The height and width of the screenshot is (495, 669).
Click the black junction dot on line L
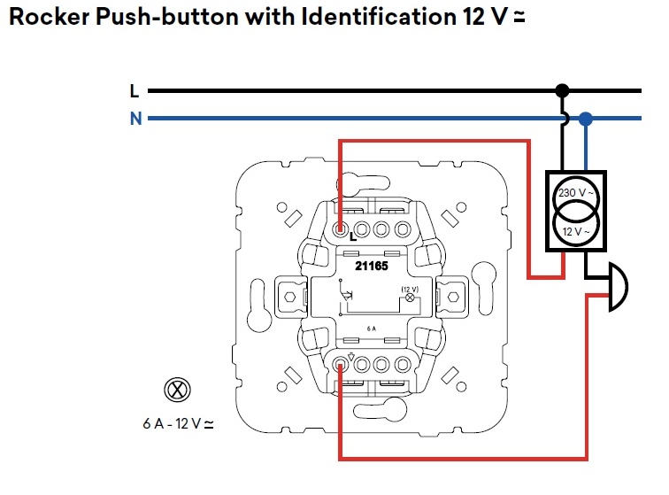tap(562, 90)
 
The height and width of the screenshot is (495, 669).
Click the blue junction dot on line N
tap(586, 119)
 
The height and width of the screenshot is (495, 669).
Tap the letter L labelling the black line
tap(135, 91)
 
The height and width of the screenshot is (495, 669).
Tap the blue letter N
tap(136, 119)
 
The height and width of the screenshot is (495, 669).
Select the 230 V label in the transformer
tap(575, 193)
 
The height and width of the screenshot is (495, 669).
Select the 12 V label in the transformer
tap(576, 232)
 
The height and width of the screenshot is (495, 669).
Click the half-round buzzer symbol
tap(619, 287)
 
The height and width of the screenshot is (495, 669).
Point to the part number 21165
tap(372, 266)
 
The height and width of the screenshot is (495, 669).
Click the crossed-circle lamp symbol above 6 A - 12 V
tap(177, 390)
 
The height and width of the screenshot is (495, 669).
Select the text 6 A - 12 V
tap(178, 423)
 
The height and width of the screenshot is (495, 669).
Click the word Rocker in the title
tap(50, 17)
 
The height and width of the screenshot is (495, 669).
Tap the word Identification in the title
tap(379, 17)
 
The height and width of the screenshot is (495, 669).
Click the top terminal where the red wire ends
tap(341, 229)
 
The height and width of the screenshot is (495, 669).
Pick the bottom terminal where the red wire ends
tap(341, 365)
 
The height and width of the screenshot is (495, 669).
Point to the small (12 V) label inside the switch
tap(410, 290)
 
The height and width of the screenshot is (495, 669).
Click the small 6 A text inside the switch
tap(372, 329)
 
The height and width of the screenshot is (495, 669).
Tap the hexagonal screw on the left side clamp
tap(289, 297)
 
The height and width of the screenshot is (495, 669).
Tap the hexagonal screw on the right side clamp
tap(453, 297)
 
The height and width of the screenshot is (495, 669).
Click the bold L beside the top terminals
tap(353, 237)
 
